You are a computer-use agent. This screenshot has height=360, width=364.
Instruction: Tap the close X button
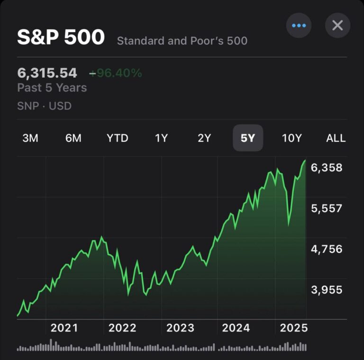click(337, 25)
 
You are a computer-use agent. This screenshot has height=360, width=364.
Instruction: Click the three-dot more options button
click(299, 25)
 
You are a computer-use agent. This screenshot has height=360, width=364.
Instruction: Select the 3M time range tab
click(30, 138)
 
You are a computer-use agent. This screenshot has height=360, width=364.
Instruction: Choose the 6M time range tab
click(73, 138)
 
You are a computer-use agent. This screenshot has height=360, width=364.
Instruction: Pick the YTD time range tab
click(117, 138)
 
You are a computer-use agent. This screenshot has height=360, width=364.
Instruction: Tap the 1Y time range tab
click(161, 138)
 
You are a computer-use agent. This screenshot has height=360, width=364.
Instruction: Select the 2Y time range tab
click(204, 138)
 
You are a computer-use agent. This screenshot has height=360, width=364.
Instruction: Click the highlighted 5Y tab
click(248, 138)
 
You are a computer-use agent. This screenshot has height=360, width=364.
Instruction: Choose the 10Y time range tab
click(291, 138)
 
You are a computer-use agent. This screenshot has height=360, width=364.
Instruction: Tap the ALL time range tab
click(336, 138)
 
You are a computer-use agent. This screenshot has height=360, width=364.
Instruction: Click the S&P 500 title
click(61, 38)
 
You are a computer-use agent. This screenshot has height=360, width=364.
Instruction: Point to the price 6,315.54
click(47, 73)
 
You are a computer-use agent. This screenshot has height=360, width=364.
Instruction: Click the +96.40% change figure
click(116, 73)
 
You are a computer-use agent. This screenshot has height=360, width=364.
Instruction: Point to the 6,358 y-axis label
click(327, 168)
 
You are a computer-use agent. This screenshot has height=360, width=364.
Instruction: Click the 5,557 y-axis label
click(327, 208)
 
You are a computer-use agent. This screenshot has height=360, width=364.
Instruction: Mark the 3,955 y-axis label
click(327, 290)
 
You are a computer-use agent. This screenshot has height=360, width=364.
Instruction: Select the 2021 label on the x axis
click(64, 328)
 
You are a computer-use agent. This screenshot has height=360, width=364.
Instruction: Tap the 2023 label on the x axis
click(180, 328)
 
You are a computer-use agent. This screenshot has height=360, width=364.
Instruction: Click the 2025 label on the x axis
click(294, 328)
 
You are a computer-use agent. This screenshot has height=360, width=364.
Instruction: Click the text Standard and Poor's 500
click(182, 41)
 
